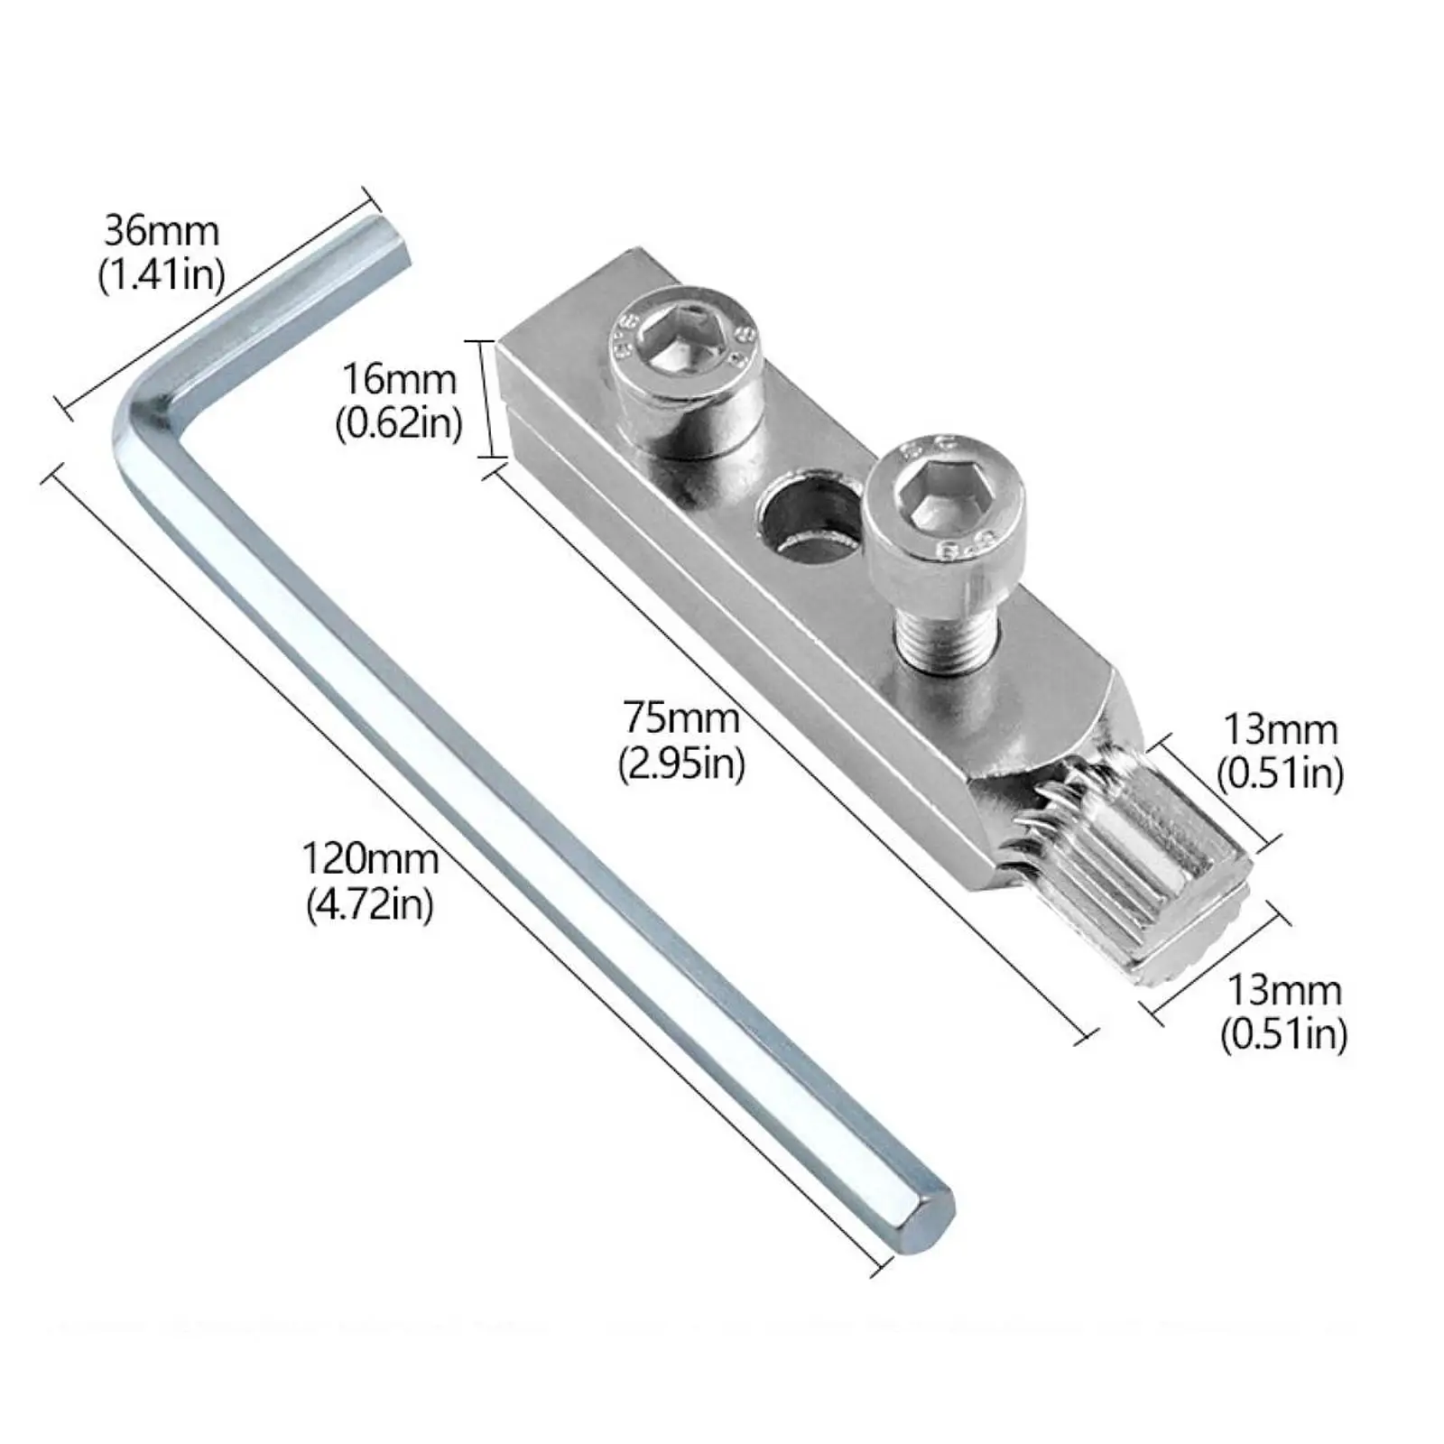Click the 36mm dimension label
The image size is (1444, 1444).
[x=162, y=231]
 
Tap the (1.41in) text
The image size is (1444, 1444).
[x=162, y=273]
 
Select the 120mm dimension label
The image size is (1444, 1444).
[x=369, y=858]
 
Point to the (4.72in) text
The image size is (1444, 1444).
[x=369, y=903]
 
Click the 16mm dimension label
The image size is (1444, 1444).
[x=398, y=379]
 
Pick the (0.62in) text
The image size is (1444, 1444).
[x=398, y=422]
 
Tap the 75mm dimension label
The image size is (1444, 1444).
[x=681, y=719]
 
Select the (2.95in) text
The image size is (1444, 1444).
[x=681, y=765]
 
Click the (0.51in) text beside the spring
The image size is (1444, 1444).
[x=1280, y=774]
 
